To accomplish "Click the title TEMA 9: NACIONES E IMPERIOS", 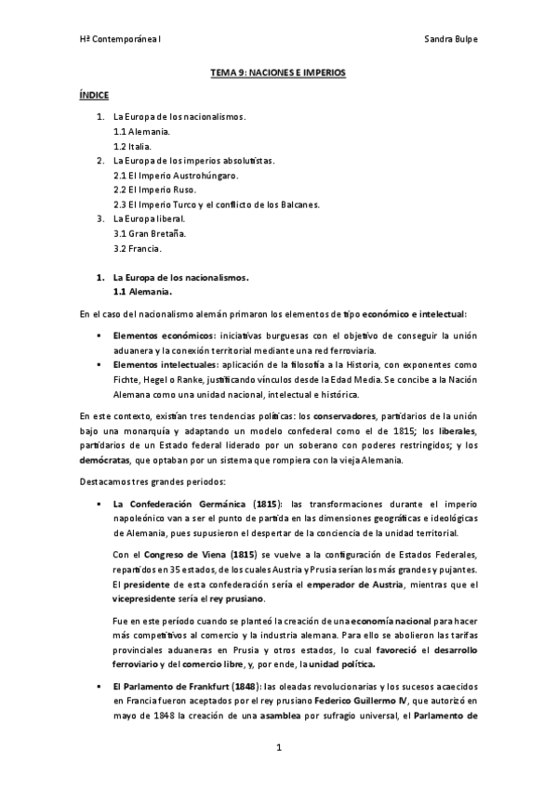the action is [x=278, y=72].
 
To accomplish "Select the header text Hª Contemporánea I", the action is [x=120, y=41].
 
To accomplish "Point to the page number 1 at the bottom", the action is [x=278, y=746].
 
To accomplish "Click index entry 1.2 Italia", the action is [x=131, y=147].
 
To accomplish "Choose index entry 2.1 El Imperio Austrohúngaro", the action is [x=175, y=175].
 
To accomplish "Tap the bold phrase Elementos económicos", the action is [x=160, y=335].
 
